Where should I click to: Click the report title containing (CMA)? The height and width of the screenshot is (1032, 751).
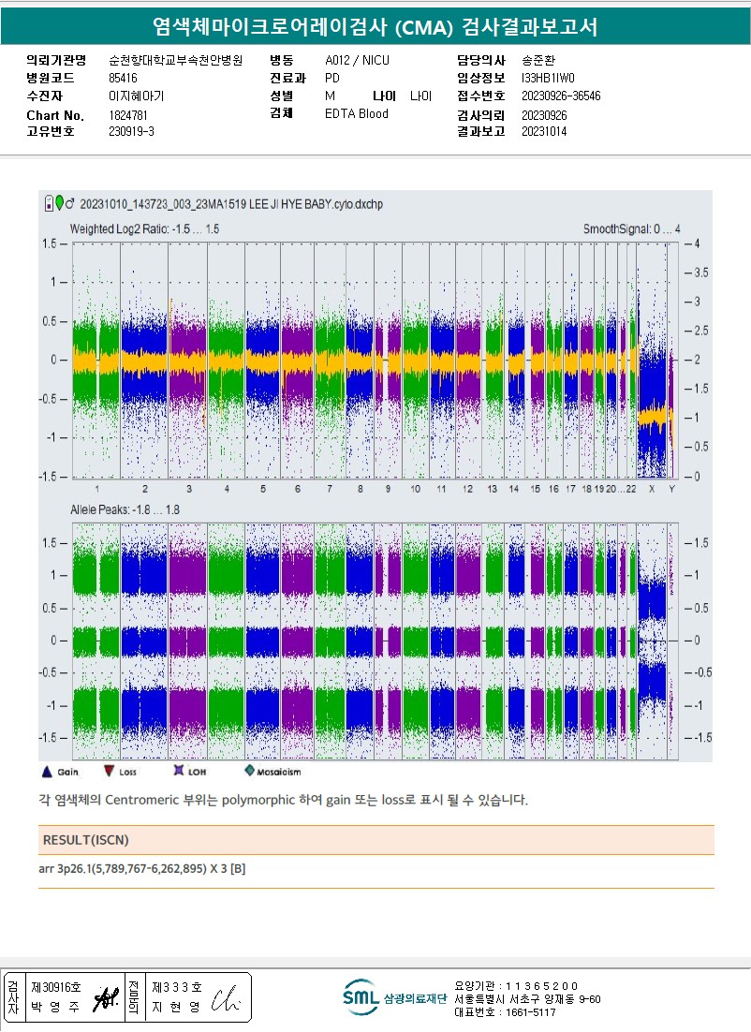(x=375, y=27)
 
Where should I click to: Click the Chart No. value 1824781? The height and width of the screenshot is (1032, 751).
(x=128, y=115)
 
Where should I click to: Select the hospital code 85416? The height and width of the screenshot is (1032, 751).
(x=123, y=78)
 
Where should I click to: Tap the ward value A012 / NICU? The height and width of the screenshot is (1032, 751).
(x=357, y=61)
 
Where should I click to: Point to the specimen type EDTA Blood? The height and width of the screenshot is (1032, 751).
(x=357, y=114)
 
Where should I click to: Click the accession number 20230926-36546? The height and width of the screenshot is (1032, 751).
(x=561, y=96)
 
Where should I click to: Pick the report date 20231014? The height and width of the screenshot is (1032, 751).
(x=544, y=132)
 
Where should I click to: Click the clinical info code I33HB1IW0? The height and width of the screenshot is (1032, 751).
(x=548, y=79)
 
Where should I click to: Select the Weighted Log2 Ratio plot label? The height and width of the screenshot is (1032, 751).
(x=145, y=229)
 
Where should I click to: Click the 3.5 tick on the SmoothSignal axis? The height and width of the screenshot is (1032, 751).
(x=699, y=273)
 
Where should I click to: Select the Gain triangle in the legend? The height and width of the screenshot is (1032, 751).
(x=47, y=772)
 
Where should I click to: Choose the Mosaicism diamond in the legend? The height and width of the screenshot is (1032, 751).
(x=249, y=772)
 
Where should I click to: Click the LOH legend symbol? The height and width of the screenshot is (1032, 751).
(x=177, y=772)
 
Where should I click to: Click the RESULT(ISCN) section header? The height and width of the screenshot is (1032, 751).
(x=86, y=839)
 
